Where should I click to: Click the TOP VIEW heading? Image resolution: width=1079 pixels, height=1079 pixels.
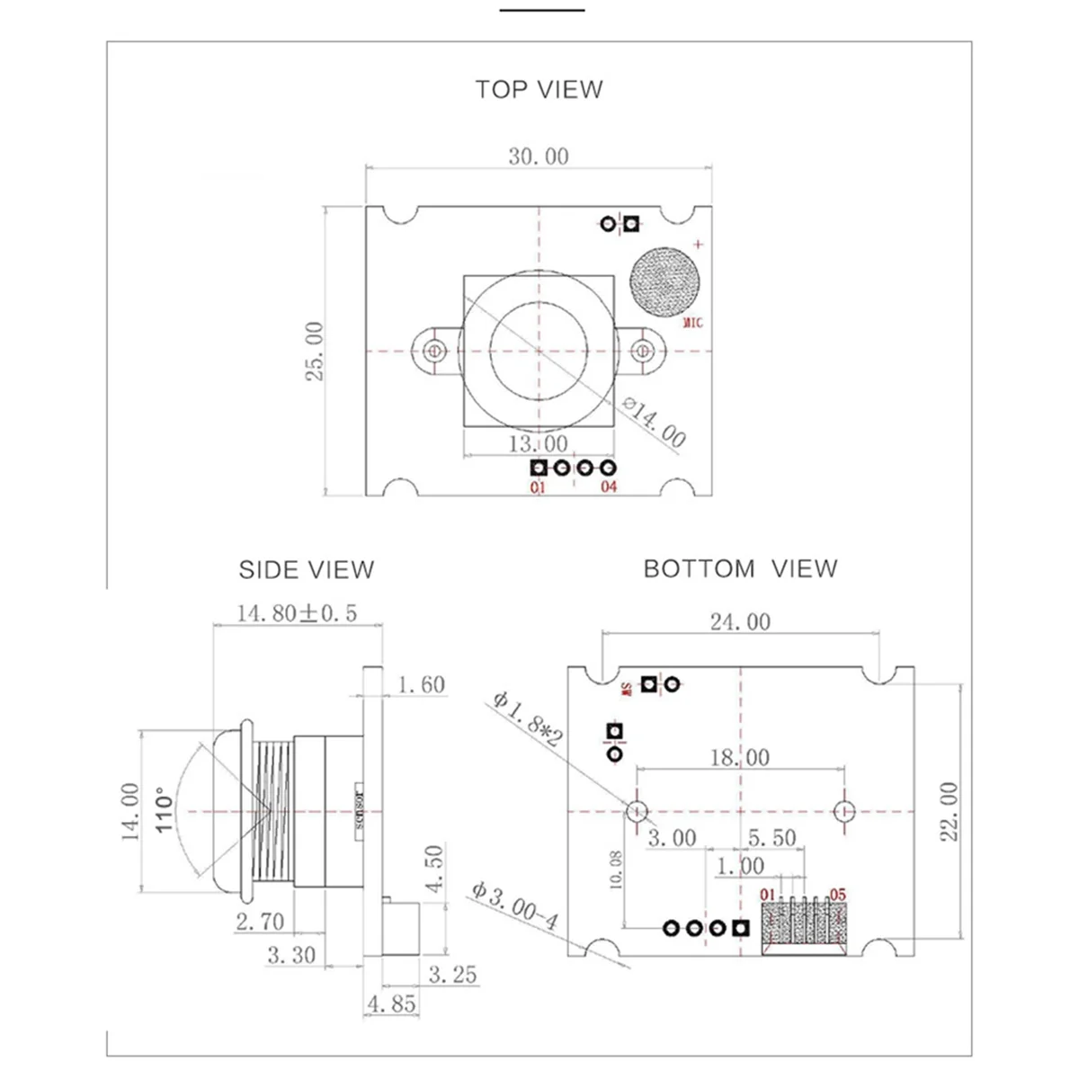[x=539, y=89]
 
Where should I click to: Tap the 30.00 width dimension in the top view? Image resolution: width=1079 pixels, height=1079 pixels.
[x=539, y=156]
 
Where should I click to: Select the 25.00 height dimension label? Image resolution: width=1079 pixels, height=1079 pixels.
[x=314, y=351]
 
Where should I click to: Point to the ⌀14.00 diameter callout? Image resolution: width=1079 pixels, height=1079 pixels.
[x=655, y=424]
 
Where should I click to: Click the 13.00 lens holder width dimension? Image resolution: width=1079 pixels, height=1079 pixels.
[x=539, y=443]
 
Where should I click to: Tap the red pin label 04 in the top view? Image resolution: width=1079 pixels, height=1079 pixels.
[x=609, y=487]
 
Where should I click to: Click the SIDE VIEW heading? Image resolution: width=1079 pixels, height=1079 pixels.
[x=306, y=569]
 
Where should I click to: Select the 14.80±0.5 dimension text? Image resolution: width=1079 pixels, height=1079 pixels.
[x=297, y=613]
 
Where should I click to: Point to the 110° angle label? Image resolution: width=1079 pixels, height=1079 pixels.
[x=163, y=811]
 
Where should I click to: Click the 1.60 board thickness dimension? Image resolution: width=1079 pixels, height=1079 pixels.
[x=421, y=685]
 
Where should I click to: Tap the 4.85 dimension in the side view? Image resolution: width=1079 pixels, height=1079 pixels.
[x=390, y=1003]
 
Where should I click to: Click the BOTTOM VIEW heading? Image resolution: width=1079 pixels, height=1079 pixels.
[x=740, y=568]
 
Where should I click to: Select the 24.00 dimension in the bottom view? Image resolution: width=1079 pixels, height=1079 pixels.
[x=740, y=621]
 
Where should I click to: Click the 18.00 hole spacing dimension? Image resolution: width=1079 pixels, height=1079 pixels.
[x=740, y=758]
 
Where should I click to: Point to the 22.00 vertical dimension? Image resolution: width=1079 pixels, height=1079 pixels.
[x=949, y=811]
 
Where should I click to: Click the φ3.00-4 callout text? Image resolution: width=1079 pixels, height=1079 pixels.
[x=515, y=906]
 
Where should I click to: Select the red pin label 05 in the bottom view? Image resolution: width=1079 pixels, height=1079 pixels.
[x=838, y=895]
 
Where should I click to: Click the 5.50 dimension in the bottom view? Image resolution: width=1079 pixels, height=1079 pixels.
[x=772, y=838]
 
